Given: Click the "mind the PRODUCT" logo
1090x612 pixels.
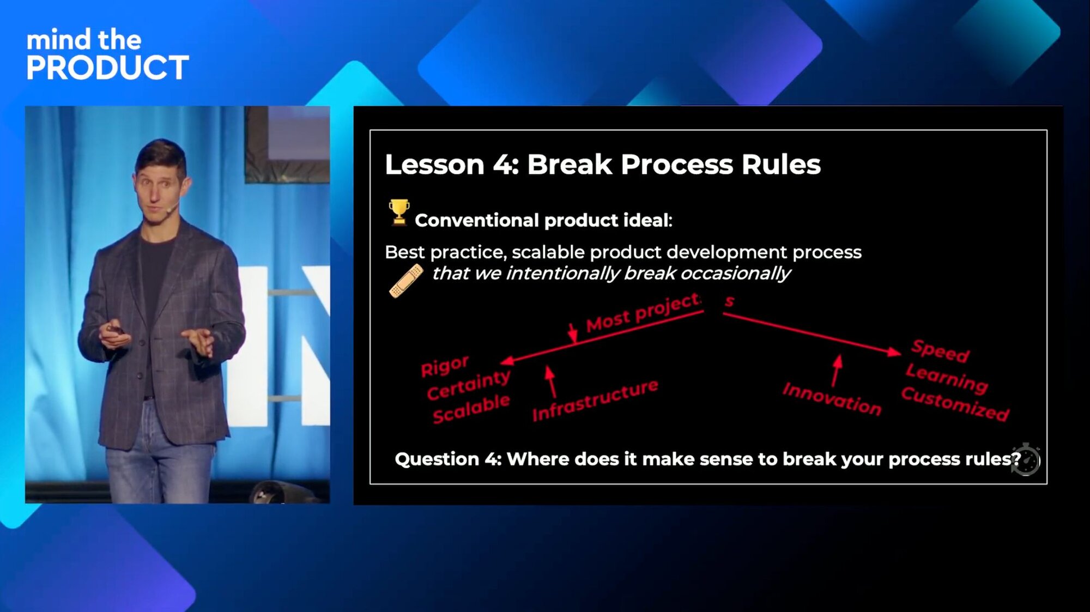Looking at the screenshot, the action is tap(107, 54).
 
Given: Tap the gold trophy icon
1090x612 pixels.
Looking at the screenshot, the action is tap(399, 212).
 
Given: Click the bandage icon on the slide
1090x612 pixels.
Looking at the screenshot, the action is tap(406, 281).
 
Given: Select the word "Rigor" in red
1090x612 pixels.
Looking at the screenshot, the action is tap(445, 366).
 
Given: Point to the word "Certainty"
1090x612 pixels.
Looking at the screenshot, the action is tap(469, 385).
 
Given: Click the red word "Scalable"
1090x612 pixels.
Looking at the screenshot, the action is tap(471, 409).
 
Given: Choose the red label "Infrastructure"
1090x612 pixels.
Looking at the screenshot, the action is tap(595, 400).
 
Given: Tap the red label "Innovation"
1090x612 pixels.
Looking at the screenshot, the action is tap(832, 399).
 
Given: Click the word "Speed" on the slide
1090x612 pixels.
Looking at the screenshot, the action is tap(941, 350).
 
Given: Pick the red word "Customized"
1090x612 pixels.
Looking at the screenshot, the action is tap(955, 404).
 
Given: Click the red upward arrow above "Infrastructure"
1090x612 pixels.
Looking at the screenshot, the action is tap(551, 381).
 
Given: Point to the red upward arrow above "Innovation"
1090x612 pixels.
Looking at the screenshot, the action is tap(837, 371).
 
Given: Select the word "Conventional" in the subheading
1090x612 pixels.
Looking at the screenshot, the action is tap(477, 220).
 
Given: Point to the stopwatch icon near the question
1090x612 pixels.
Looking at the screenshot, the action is tap(1025, 459).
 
